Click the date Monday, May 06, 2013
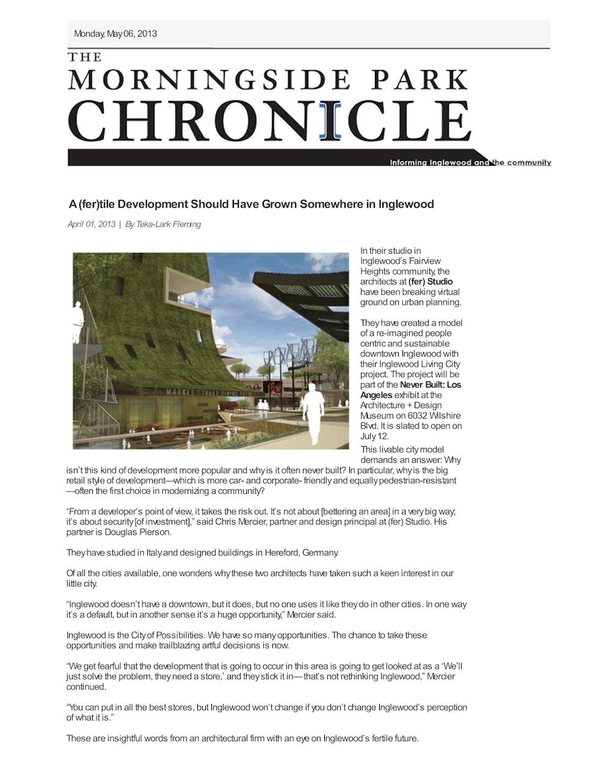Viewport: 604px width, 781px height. click(115, 34)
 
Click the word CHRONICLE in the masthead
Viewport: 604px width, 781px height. click(269, 121)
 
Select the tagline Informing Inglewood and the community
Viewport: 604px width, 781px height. click(470, 163)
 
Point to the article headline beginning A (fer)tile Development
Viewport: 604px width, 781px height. click(251, 204)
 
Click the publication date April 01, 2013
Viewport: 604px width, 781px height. click(92, 225)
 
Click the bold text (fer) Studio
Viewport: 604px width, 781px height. click(431, 282)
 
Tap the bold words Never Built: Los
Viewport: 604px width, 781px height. click(431, 385)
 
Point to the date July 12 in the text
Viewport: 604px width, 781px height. click(374, 436)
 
